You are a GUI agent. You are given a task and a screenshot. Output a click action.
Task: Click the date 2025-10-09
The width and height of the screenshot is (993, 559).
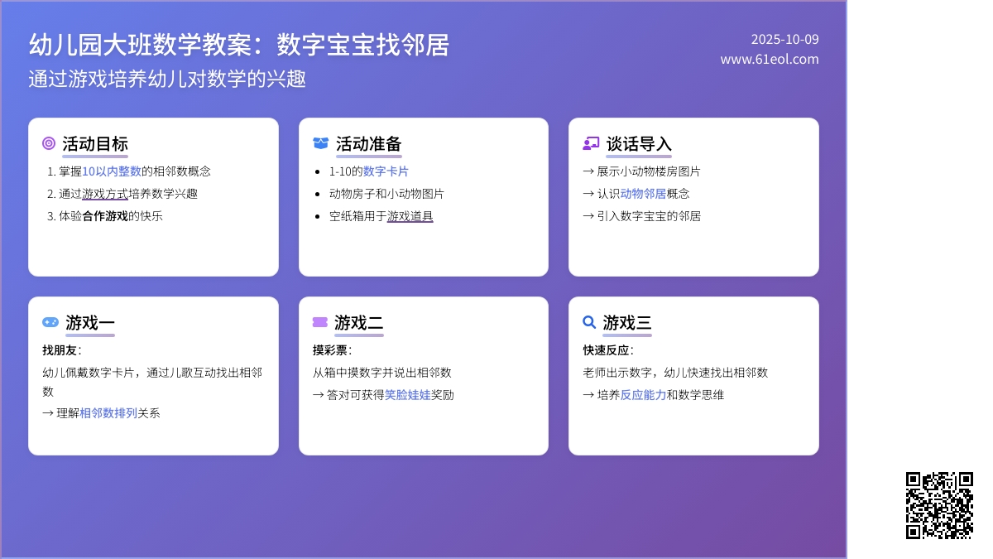pyautogui.click(x=784, y=39)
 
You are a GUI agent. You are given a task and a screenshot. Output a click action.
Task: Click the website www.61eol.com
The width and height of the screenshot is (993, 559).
pyautogui.click(x=769, y=59)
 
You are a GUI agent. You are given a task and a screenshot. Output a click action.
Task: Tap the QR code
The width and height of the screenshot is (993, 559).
pyautogui.click(x=939, y=505)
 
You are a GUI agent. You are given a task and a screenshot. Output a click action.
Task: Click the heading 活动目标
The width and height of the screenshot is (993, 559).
pyautogui.click(x=95, y=143)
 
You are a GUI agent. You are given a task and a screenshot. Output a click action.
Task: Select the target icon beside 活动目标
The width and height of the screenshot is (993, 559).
pyautogui.click(x=49, y=143)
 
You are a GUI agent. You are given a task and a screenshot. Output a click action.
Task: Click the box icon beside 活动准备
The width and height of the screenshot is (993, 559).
pyautogui.click(x=320, y=143)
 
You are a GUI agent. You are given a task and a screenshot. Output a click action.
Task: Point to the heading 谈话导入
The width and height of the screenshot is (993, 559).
pyautogui.click(x=639, y=143)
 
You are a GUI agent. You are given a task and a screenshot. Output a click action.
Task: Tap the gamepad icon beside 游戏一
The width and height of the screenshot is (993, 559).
pyautogui.click(x=50, y=322)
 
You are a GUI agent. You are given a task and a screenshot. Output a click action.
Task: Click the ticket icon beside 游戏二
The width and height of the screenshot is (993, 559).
pyautogui.click(x=320, y=322)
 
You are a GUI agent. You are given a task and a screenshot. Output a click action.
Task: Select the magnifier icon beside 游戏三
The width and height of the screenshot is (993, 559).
pyautogui.click(x=589, y=322)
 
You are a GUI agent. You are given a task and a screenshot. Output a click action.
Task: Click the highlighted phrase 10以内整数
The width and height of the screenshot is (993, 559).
pyautogui.click(x=112, y=171)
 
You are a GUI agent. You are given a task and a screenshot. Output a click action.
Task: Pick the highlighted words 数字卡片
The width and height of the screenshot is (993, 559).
pyautogui.click(x=386, y=171)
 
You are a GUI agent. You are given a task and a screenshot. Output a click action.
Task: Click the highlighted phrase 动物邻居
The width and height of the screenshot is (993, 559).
pyautogui.click(x=643, y=194)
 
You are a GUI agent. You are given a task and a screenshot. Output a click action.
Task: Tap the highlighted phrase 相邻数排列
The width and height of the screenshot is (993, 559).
pyautogui.click(x=108, y=412)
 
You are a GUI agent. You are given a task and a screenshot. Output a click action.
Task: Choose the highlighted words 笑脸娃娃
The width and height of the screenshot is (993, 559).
pyautogui.click(x=407, y=395)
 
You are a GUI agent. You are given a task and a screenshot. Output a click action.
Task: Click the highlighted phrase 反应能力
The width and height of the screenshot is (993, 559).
pyautogui.click(x=643, y=395)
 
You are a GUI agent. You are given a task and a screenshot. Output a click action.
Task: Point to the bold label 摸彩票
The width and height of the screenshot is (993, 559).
pyautogui.click(x=330, y=350)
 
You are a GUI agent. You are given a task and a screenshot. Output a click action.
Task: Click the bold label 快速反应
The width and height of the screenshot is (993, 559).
pyautogui.click(x=606, y=350)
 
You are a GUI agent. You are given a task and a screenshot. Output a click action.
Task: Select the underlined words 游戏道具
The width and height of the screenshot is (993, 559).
pyautogui.click(x=410, y=216)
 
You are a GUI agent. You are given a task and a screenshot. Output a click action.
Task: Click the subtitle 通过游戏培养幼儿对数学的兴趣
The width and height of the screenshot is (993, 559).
pyautogui.click(x=167, y=79)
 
